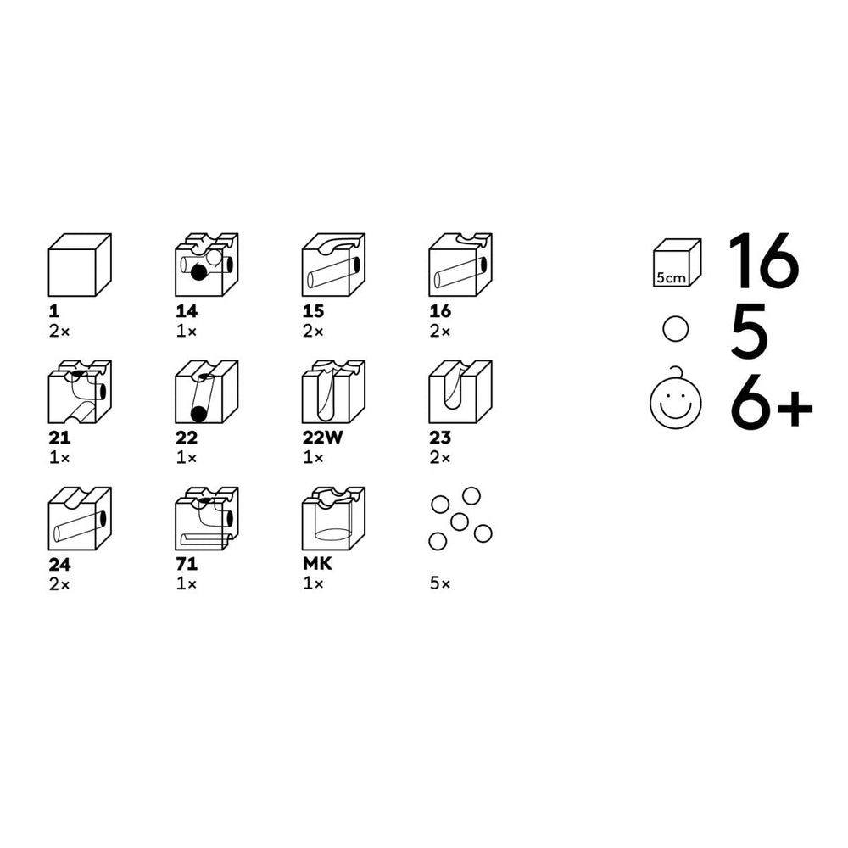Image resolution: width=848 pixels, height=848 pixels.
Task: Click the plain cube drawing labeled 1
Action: tap(80, 265)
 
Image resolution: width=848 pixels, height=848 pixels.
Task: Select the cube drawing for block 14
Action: tap(207, 265)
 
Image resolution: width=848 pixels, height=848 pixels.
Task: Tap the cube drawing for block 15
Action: tap(333, 265)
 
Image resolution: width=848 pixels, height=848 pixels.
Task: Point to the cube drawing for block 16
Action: tap(460, 265)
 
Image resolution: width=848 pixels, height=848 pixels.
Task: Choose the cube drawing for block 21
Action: tap(80, 392)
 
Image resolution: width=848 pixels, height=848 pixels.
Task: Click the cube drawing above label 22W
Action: tap(333, 392)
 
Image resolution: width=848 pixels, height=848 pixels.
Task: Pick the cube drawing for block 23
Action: tap(460, 392)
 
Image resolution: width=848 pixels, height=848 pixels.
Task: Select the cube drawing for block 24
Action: tap(80, 519)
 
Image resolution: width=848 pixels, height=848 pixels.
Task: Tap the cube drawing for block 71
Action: tap(207, 519)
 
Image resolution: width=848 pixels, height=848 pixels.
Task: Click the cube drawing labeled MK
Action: tap(333, 519)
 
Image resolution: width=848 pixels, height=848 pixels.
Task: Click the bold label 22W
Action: tap(322, 438)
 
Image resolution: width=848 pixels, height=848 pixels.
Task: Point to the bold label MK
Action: tap(317, 564)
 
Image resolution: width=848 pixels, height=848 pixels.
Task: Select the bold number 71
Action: tap(187, 564)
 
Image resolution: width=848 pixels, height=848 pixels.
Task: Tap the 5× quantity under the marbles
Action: tap(440, 583)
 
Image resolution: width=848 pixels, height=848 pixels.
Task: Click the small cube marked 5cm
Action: tap(677, 263)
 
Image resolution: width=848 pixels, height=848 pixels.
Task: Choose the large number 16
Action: tap(764, 261)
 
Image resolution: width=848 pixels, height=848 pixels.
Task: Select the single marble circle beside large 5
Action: tap(676, 329)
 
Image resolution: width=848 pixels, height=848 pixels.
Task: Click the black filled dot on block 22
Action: tap(198, 415)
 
